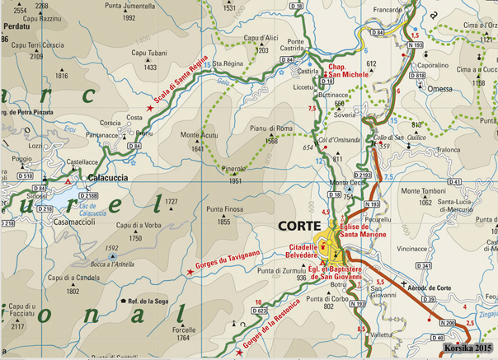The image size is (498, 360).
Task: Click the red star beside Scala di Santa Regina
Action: [149, 107]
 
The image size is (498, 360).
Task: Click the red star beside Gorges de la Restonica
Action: [239, 352]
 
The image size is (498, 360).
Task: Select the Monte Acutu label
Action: [198, 136]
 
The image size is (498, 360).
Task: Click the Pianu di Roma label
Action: [273, 129]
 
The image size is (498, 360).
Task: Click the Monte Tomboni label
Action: [421, 191]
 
